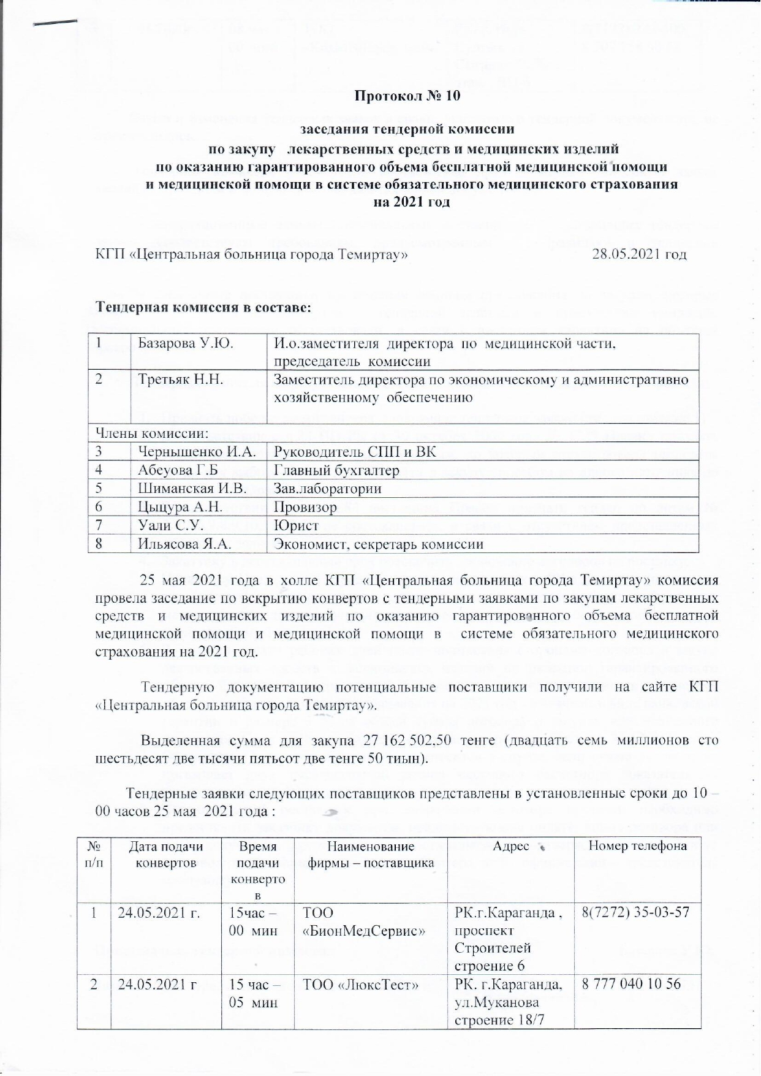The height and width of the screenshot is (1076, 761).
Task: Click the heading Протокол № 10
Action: coord(407,96)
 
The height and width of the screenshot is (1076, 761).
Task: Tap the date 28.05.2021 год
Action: coord(638,254)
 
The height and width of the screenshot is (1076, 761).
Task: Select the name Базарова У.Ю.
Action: coord(186,343)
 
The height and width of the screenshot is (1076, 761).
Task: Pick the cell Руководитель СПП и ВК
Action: coord(355,452)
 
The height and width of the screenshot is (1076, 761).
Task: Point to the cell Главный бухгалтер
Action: coord(336,470)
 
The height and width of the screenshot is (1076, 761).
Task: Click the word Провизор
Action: coord(305,507)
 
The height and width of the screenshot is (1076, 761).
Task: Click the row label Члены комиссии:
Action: coord(151,433)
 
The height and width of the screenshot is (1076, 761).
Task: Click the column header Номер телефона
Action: coord(637,847)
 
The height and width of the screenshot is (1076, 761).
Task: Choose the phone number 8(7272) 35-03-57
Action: coord(635,913)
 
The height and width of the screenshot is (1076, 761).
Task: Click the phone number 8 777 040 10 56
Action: coord(631,985)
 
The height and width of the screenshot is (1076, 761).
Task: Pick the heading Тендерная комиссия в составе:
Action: coord(203,307)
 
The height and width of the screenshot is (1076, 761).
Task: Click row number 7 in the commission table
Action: coord(98,525)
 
